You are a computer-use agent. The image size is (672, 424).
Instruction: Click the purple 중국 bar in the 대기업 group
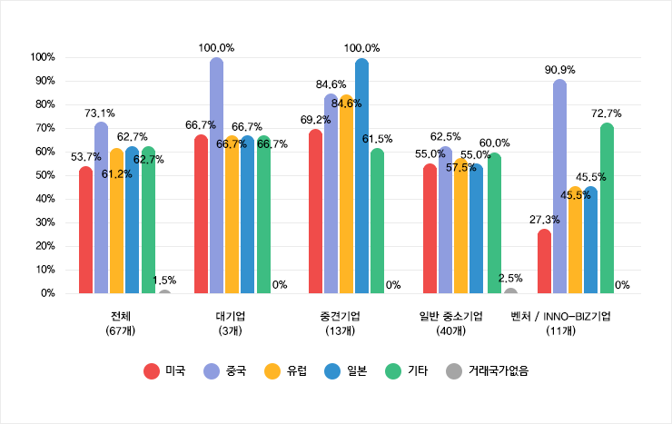pyautogui.click(x=216, y=176)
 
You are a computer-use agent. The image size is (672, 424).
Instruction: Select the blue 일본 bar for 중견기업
pyautogui.click(x=361, y=176)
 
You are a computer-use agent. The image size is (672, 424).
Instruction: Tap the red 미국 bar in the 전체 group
pyautogui.click(x=85, y=231)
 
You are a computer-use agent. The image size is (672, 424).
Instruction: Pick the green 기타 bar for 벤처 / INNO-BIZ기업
pyautogui.click(x=607, y=209)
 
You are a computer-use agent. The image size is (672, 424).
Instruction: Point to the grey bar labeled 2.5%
pyautogui.click(x=510, y=291)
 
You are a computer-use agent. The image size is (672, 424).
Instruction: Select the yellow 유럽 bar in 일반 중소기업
pyautogui.click(x=461, y=226)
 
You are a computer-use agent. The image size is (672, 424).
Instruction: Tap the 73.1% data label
pyautogui.click(x=100, y=113)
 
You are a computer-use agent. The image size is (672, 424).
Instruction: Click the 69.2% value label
pyautogui.click(x=314, y=119)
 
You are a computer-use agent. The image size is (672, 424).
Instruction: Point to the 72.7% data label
pyautogui.click(x=607, y=113)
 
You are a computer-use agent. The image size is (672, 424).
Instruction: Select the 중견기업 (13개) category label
pyautogui.click(x=340, y=323)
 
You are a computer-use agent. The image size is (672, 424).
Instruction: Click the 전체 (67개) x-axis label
pyautogui.click(x=120, y=323)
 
